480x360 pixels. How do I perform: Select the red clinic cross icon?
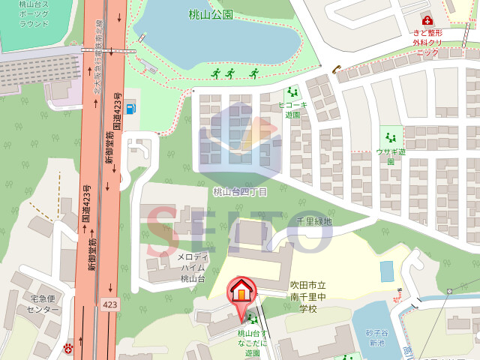(x=427, y=19)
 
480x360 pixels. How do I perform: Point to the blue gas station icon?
(x=132, y=108)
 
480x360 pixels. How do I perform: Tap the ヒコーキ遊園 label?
(x=292, y=109)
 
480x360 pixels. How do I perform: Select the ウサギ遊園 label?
(x=391, y=156)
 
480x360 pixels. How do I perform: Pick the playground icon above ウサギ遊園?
(x=390, y=137)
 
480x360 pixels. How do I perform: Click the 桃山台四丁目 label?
(x=240, y=192)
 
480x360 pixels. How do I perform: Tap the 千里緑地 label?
(x=313, y=221)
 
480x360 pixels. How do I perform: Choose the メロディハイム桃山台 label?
(x=192, y=268)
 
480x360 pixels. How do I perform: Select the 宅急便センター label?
(x=43, y=304)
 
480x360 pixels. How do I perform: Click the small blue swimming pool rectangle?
(x=386, y=271)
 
